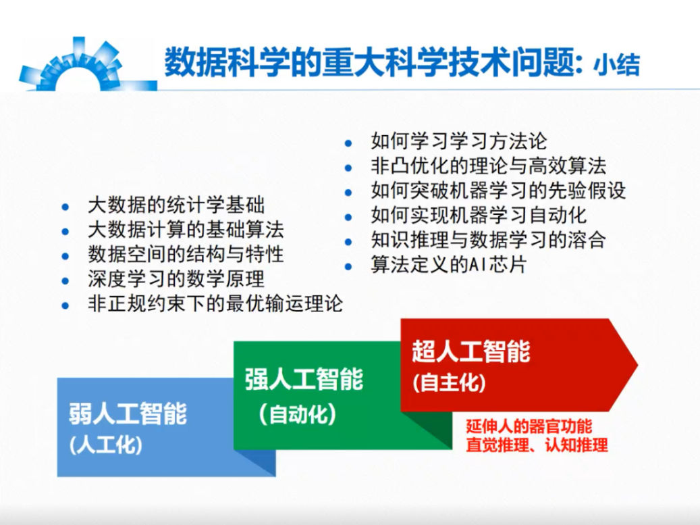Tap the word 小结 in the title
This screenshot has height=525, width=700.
pos(616,64)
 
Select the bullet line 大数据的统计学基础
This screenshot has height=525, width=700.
pos(176,205)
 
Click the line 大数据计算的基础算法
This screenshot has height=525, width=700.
pos(186,230)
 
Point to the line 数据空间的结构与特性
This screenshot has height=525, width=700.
pos(186,254)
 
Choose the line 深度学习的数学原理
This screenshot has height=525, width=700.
pos(176,279)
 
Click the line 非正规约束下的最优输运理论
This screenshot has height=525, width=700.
pos(215,303)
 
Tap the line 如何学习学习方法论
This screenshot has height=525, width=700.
pos(459,141)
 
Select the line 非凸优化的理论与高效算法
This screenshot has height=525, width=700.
pos(489,166)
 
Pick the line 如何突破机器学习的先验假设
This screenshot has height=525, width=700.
pos(498,191)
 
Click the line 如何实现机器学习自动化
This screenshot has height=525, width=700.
pos(479,215)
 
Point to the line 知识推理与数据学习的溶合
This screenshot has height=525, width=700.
pos(489,240)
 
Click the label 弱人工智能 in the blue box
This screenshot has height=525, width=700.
pos(128,413)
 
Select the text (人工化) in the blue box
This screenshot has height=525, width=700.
pos(106,445)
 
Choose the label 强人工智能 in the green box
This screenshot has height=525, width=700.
pos(304,379)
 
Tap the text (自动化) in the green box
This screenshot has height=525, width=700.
pos(297,414)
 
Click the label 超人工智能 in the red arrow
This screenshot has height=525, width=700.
pos(471,351)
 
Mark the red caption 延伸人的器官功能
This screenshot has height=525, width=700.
pos(529,426)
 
